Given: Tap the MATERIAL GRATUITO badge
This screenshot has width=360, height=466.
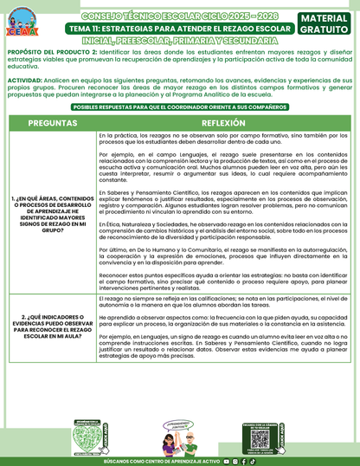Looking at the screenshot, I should pos(327,24).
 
